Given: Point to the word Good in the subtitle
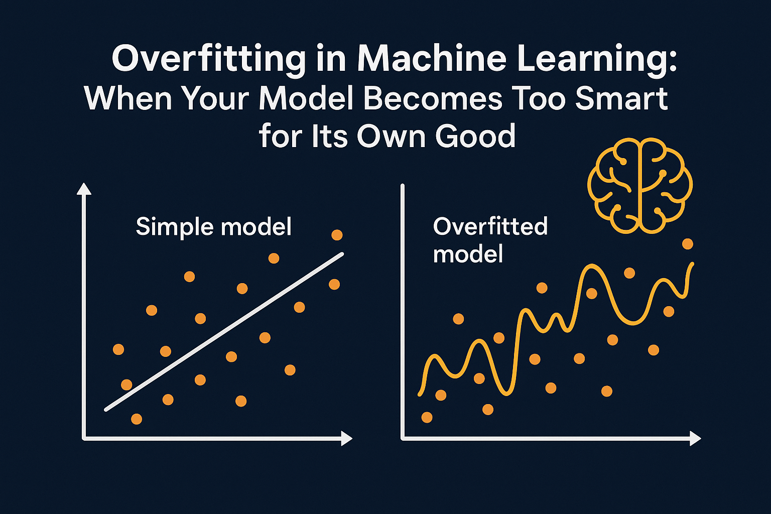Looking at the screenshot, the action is pyautogui.click(x=475, y=136).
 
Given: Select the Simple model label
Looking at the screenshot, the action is pyautogui.click(x=214, y=226).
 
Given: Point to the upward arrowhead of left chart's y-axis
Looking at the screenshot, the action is pyautogui.click(x=84, y=189).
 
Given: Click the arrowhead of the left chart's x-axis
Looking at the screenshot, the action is pyautogui.click(x=347, y=439).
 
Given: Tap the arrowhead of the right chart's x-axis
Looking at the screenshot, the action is pyautogui.click(x=696, y=439).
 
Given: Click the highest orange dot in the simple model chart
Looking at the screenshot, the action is pyautogui.click(x=337, y=235).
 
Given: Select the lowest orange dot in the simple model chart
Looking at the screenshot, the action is pyautogui.click(x=137, y=419).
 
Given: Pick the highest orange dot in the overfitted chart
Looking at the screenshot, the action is pyautogui.click(x=688, y=244).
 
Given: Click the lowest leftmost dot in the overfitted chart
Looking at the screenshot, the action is pyautogui.click(x=427, y=417).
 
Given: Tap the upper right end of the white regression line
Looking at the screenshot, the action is pyautogui.click(x=342, y=254).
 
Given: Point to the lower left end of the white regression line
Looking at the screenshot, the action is pyautogui.click(x=106, y=410).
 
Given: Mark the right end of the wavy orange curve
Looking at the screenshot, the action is pyautogui.click(x=692, y=265).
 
